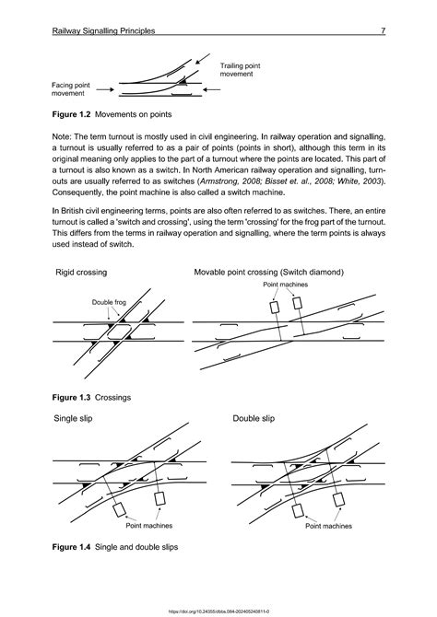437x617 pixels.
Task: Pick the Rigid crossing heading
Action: pyautogui.click(x=81, y=273)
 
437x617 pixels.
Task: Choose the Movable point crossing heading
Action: pyautogui.click(x=268, y=273)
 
